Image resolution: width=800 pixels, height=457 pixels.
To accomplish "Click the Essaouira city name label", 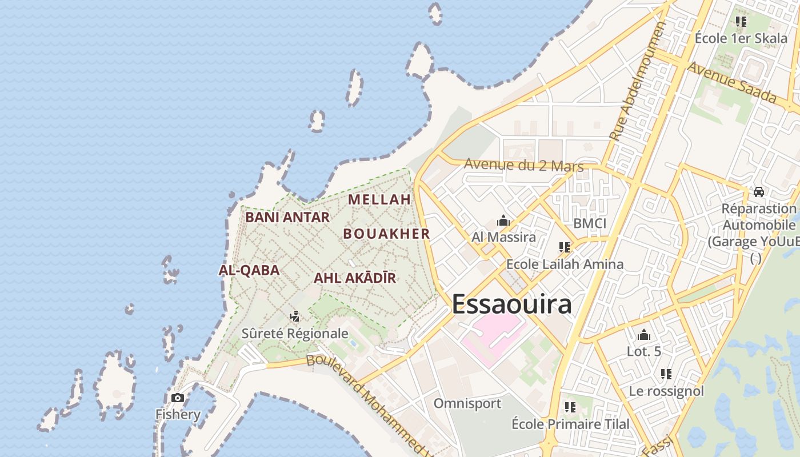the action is point(511,304).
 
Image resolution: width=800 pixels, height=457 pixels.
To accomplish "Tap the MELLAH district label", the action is point(379,199).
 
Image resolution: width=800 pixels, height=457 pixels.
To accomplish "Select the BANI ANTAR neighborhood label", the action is point(287,217).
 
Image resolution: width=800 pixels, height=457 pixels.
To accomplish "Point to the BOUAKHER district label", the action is point(386,234).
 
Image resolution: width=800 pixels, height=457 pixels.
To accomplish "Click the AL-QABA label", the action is point(249,270).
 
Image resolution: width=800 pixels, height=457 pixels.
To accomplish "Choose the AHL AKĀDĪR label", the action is point(355,278).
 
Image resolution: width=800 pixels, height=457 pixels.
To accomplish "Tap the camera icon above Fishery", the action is point(178,398).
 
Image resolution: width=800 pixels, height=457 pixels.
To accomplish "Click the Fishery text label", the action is point(178,414).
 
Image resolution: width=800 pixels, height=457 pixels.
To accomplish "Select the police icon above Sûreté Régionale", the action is point(295,316).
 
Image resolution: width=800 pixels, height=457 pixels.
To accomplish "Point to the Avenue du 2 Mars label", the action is point(523,165).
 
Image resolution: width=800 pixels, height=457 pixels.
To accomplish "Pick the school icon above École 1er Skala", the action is point(741,22).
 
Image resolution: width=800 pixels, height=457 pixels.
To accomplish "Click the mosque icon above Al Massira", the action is point(503,220).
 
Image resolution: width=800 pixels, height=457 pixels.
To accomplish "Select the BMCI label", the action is point(590,223).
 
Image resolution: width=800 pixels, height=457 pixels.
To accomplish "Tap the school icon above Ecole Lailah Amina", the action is point(565,247).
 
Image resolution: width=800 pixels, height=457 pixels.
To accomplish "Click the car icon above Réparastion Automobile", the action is point(759,191).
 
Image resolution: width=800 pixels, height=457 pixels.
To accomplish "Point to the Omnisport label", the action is point(467,403).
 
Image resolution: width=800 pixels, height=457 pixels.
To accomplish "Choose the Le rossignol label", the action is point(666,391).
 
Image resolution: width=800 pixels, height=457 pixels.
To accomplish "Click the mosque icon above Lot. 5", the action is point(644,334).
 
